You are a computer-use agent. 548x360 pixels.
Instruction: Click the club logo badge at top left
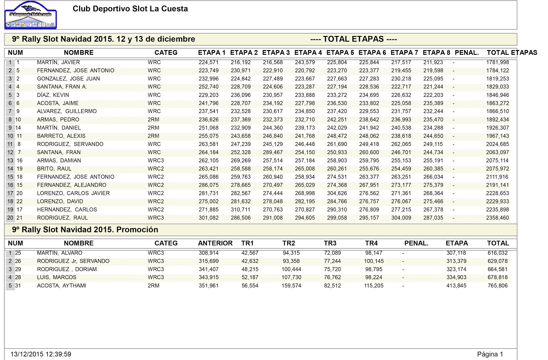point(31,15)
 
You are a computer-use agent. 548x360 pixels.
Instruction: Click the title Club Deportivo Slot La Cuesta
point(130,9)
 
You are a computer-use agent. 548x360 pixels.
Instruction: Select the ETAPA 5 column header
point(340,53)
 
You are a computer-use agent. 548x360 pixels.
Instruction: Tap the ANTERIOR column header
point(215,243)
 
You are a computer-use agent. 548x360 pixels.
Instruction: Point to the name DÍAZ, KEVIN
point(53,95)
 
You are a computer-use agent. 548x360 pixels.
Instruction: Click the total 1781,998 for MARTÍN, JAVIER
point(497,62)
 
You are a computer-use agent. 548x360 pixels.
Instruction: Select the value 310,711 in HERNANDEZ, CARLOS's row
point(241,210)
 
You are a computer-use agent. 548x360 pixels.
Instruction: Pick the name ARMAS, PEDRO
point(58,120)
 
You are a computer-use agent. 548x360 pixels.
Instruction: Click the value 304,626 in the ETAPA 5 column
point(337,193)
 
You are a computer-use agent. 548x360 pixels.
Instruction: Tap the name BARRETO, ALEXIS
point(61,136)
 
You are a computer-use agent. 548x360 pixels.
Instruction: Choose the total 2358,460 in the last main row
point(497,218)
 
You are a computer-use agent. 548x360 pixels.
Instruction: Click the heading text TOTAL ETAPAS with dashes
point(353,39)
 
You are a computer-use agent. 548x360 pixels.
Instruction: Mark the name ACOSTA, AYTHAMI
point(61,286)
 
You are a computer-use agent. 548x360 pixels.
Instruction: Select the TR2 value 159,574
point(291,286)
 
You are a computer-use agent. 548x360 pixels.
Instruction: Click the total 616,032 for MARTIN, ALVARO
point(498,253)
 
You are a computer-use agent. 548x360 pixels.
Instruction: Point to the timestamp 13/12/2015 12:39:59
point(41,354)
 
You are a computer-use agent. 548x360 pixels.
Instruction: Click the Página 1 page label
point(490,355)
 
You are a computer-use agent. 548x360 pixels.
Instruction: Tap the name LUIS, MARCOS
point(57,277)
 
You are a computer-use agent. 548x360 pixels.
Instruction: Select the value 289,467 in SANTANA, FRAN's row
point(273,152)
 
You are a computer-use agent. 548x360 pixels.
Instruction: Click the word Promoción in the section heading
point(137,229)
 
